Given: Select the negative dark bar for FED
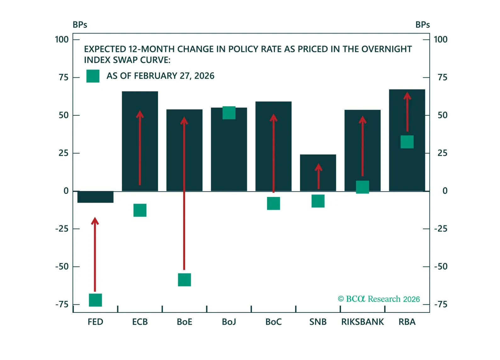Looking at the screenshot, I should pos(95,197).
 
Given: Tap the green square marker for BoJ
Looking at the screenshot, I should pos(229,113).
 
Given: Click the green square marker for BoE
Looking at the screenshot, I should pos(184,280).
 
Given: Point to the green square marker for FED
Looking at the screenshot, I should pos(95,300).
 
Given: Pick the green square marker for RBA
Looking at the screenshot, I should pos(407,142).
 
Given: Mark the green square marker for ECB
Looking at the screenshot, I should pos(140,210).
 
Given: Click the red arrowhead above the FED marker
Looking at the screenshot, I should pos(95,221).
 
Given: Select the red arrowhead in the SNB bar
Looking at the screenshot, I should pos(318,167).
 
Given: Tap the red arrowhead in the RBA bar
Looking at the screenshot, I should pos(407,96).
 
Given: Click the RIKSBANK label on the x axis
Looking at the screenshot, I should pos(362,322).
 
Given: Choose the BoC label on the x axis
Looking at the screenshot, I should pos(273,322).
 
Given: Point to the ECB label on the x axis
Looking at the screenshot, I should pos(140,322).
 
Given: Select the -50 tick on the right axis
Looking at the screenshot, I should pos(441,267).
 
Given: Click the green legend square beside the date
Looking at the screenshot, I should pos(93,76).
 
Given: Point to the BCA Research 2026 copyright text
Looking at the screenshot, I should pos(379,299).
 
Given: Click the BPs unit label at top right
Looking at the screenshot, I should pos(422,25).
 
